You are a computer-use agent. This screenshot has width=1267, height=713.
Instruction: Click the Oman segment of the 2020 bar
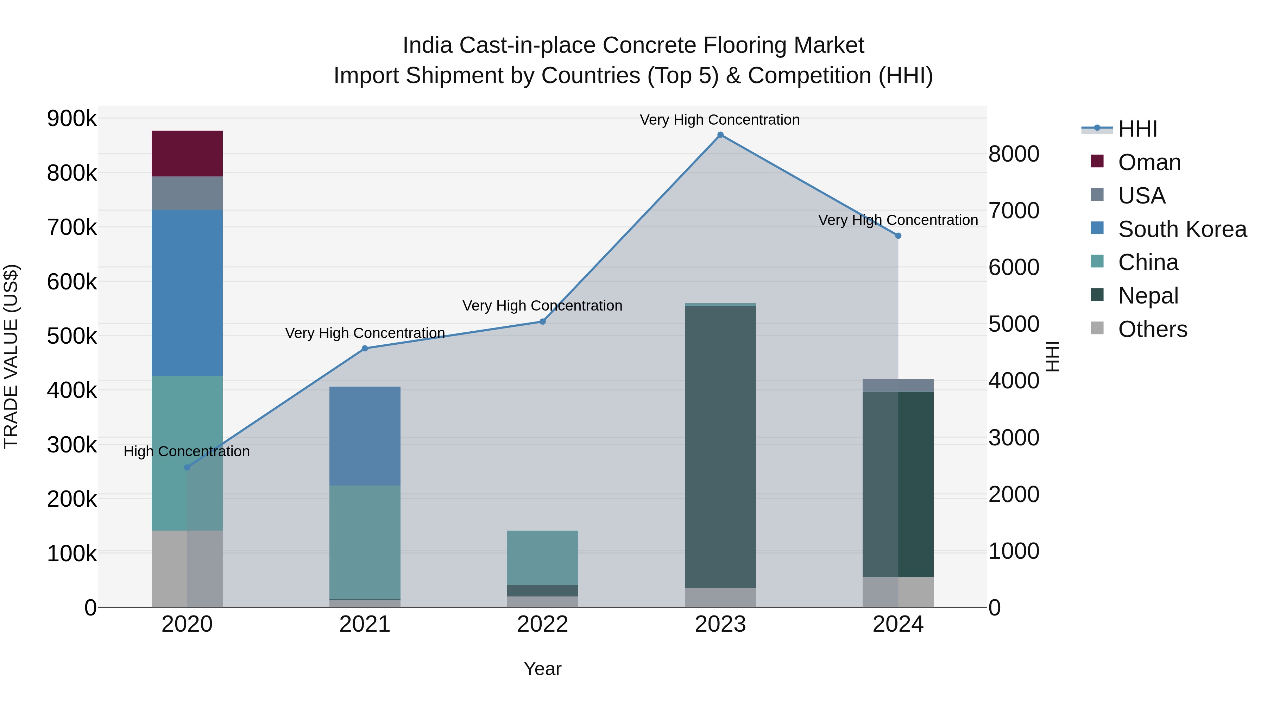click(x=187, y=154)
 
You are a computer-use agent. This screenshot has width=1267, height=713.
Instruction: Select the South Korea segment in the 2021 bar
click(x=365, y=436)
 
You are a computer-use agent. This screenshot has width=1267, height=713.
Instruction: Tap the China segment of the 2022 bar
click(x=542, y=557)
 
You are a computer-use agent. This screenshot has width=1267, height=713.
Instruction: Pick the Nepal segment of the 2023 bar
click(x=720, y=447)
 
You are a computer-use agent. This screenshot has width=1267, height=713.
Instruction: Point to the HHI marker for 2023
click(x=720, y=135)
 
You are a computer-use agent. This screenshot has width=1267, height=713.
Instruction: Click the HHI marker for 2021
click(x=365, y=348)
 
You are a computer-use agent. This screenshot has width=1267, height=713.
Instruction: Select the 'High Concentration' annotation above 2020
click(x=187, y=452)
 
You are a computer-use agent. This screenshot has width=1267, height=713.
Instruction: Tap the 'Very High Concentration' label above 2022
click(x=542, y=306)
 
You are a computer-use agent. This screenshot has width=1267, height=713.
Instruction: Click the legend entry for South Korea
click(x=1182, y=229)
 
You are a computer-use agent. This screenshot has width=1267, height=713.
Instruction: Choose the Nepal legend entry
click(x=1148, y=296)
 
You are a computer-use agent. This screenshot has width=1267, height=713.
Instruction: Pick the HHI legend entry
click(x=1137, y=129)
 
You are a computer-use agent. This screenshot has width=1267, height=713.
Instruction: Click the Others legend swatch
click(x=1097, y=328)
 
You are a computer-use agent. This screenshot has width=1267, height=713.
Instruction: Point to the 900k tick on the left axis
click(x=72, y=119)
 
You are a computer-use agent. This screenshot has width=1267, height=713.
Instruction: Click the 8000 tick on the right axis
click(x=1014, y=154)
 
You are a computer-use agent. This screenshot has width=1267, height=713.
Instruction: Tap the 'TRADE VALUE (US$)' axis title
click(x=11, y=356)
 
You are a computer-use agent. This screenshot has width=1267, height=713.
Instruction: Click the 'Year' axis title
click(x=542, y=669)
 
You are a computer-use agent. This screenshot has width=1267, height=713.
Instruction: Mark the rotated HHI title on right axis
click(x=1052, y=356)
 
